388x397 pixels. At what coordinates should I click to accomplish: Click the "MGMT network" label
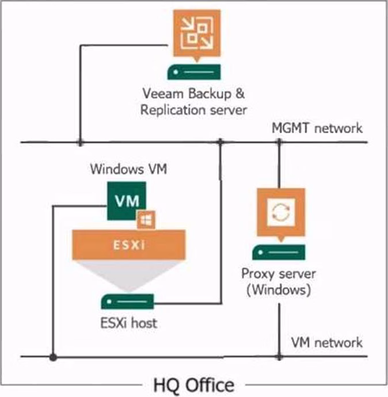coord(317,128)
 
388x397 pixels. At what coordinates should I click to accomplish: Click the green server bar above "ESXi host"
coord(127,301)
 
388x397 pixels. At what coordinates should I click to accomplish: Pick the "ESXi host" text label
coord(127,323)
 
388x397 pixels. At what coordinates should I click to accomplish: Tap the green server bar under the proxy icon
coord(279,251)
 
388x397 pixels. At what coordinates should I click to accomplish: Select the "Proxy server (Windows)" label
coord(279,281)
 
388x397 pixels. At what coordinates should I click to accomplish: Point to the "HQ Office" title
coord(193,383)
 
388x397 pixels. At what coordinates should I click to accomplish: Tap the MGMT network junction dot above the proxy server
coord(279,142)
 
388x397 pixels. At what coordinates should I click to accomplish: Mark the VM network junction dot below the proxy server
coord(279,357)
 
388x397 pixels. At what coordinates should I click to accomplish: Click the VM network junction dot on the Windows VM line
coord(53,357)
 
